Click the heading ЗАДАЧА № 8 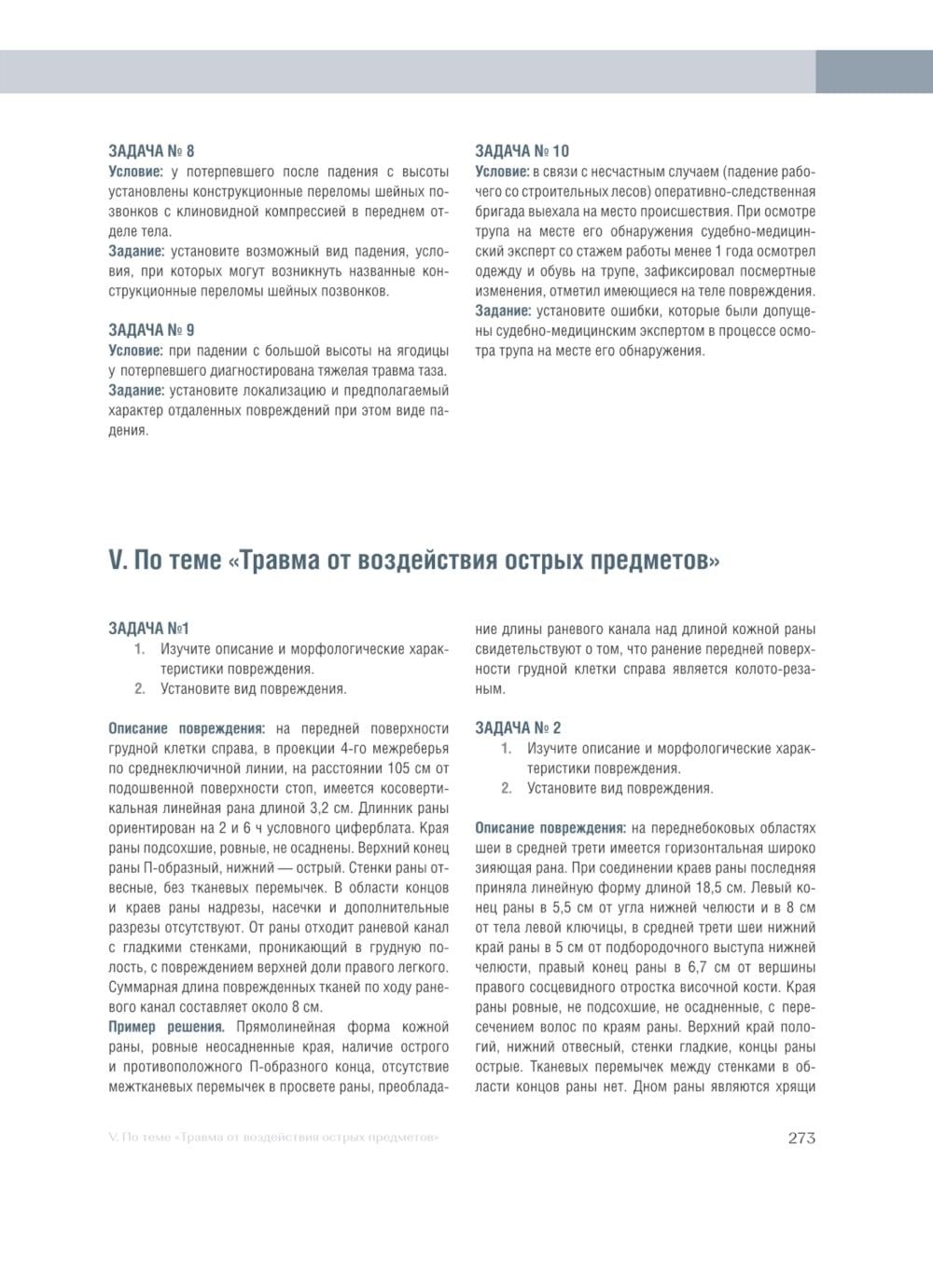tap(152, 151)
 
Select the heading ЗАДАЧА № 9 tap(152, 330)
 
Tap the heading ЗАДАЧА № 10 tap(522, 151)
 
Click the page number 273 tap(801, 1138)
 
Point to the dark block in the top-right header tap(873, 72)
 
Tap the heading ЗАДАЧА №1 tap(149, 629)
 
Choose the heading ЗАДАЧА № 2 tap(518, 727)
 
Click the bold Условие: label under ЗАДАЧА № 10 tap(502, 172)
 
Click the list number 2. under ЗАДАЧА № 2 tap(507, 788)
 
